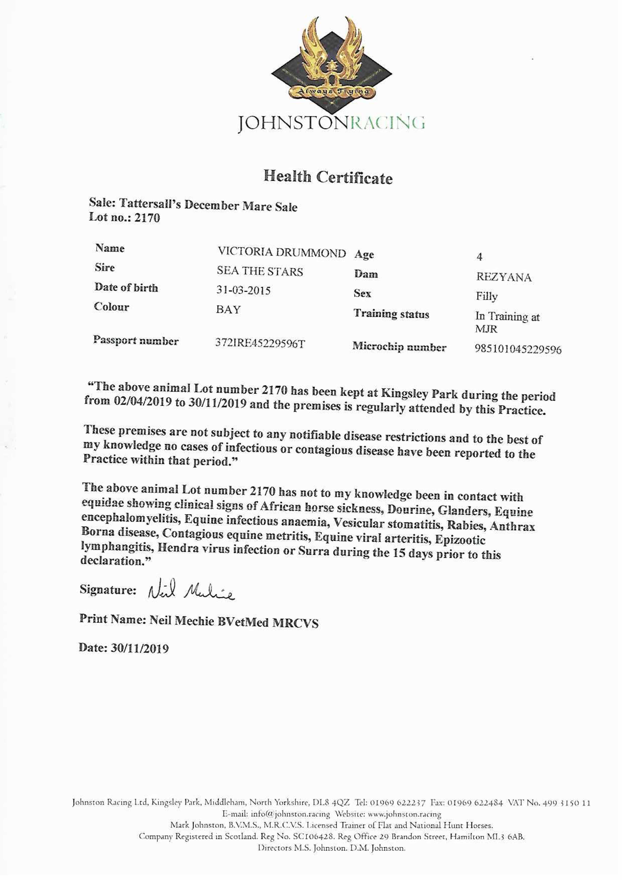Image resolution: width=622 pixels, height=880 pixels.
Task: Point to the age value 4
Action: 479,257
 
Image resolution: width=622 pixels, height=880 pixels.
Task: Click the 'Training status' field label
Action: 391,314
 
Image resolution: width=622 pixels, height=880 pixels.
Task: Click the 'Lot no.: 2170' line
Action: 125,218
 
